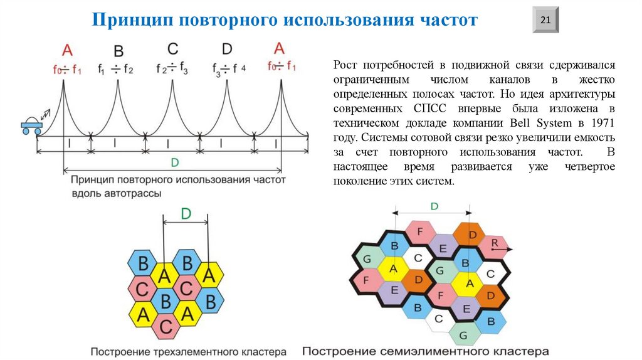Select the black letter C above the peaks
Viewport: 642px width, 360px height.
click(x=173, y=49)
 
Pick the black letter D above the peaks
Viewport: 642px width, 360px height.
click(x=227, y=49)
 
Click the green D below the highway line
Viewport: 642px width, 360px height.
click(x=174, y=163)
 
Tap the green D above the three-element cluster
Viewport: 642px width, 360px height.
click(x=186, y=214)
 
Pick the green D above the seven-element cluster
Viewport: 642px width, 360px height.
click(x=434, y=206)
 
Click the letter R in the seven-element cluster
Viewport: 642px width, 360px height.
click(x=495, y=243)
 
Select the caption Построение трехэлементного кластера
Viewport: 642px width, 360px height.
click(x=188, y=351)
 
